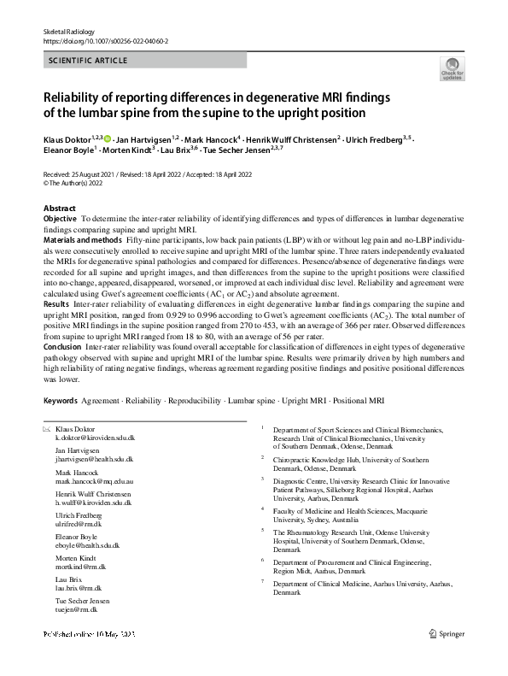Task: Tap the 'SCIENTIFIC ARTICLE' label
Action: click(89, 61)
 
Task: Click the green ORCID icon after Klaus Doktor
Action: click(108, 138)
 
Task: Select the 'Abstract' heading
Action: click(60, 209)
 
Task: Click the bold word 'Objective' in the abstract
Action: click(60, 220)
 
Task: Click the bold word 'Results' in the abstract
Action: click(56, 303)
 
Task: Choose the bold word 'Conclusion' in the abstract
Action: click(63, 345)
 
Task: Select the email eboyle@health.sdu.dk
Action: click(87, 544)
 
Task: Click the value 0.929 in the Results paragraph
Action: click(241, 314)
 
